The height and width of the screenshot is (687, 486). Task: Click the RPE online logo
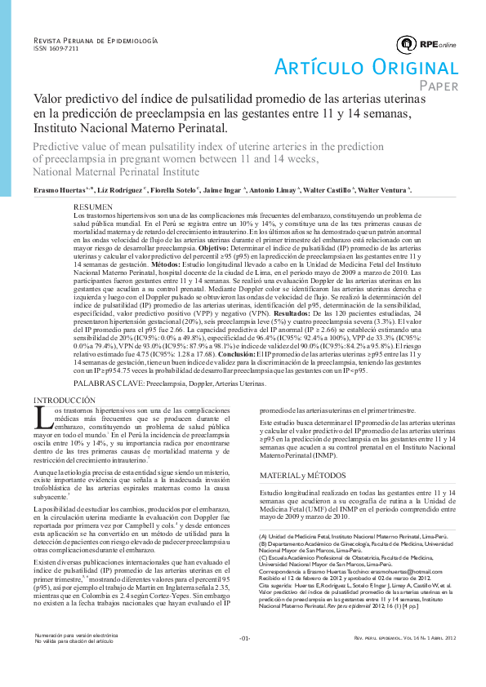pyautogui.click(x=426, y=43)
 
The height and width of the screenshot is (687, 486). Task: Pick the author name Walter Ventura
pyautogui.click(x=386, y=189)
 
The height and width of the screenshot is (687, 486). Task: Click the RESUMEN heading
pyautogui.click(x=92, y=206)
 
